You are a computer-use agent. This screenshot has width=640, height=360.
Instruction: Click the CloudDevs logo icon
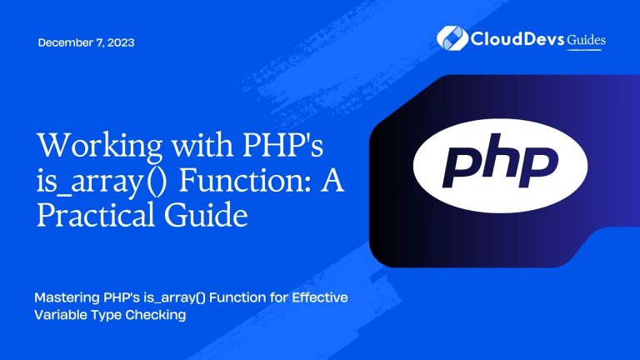pyautogui.click(x=450, y=38)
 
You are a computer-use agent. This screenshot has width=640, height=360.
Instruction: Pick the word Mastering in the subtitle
pyautogui.click(x=70, y=299)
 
